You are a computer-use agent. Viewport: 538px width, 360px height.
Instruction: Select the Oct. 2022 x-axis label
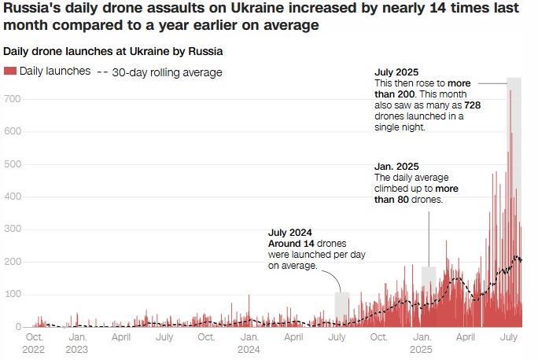tap(34, 343)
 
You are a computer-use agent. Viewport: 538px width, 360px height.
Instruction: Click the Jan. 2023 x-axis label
tap(77, 343)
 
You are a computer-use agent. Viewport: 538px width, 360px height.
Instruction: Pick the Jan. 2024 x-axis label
tap(249, 343)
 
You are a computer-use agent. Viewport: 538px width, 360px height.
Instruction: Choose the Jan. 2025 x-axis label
tap(421, 343)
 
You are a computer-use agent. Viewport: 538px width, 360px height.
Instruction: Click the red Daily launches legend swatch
tap(10, 72)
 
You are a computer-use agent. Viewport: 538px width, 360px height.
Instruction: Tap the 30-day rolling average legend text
tap(167, 72)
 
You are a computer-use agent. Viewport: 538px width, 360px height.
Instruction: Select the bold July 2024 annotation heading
tap(291, 233)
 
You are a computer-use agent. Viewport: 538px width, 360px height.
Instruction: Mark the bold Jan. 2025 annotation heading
tap(397, 167)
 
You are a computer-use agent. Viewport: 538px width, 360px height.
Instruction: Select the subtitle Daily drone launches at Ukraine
tap(112, 51)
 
